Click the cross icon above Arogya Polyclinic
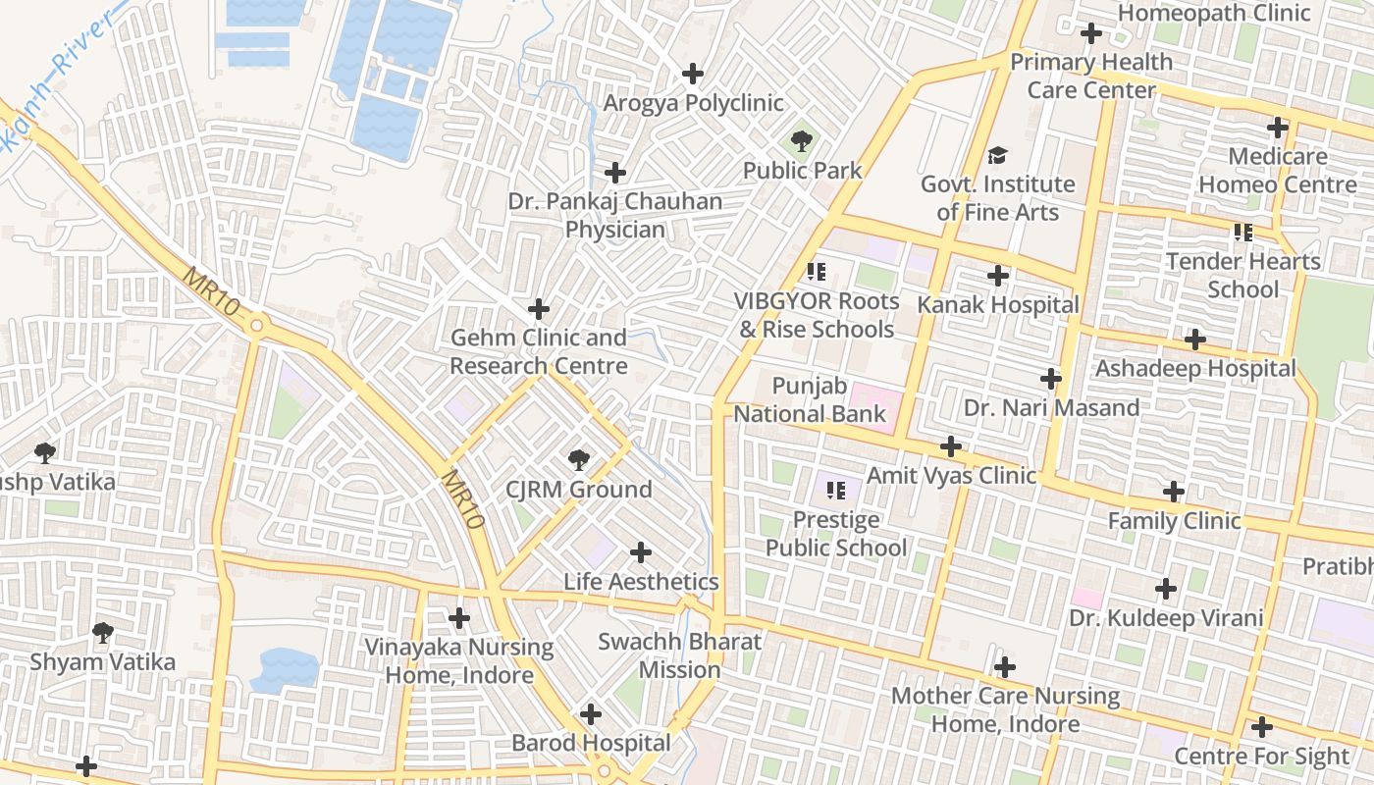click(693, 74)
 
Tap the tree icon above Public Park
click(802, 141)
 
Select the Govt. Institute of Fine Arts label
click(997, 198)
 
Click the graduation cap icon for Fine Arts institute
click(997, 155)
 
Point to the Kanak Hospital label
click(997, 305)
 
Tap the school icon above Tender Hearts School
click(1243, 233)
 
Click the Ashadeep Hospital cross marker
click(1194, 340)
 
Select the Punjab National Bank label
click(810, 400)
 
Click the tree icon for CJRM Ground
click(579, 459)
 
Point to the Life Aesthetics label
click(641, 582)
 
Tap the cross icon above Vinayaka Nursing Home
click(458, 618)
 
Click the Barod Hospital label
click(591, 743)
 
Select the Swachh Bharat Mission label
click(680, 656)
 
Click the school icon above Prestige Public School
click(836, 490)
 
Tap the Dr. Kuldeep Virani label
click(1166, 618)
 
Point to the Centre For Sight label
click(1261, 757)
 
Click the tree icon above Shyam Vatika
click(102, 632)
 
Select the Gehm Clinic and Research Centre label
click(538, 352)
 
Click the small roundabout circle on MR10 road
click(257, 325)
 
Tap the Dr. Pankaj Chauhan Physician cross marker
click(615, 174)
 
